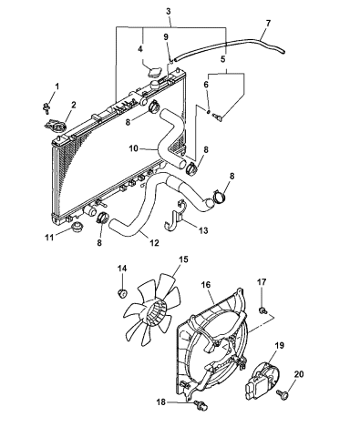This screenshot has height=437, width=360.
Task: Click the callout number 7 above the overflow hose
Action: point(268,23)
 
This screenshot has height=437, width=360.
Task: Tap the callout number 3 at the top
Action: point(169,12)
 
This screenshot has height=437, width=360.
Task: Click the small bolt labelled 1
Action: point(46,107)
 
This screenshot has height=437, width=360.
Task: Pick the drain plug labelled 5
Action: point(218,117)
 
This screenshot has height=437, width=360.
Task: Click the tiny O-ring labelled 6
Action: point(209,111)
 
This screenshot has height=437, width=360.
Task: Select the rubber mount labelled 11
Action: point(78,226)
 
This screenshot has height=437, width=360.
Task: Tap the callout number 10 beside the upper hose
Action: point(134,148)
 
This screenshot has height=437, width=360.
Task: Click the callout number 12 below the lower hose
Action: point(154,243)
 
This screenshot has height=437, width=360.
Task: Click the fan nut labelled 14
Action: point(122,293)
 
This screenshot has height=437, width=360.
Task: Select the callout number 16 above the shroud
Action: point(205,285)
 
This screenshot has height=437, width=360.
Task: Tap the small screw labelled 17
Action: point(263,310)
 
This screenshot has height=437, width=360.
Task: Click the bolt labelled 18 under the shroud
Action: point(201,404)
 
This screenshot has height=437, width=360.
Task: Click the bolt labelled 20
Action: point(282,395)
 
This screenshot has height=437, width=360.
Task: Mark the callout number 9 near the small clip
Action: point(166,36)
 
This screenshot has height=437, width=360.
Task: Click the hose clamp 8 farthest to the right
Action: point(219,197)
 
